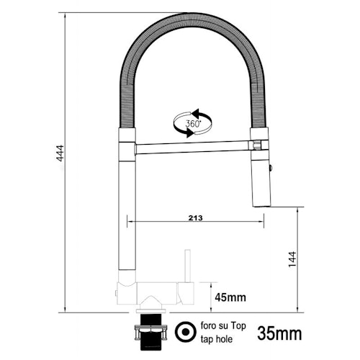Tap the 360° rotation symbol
tap(192, 123)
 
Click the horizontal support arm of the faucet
tap(192, 148)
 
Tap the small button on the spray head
tap(270, 167)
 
